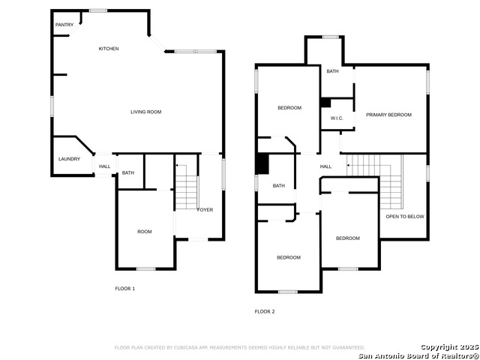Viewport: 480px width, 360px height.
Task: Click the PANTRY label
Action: click(64, 25)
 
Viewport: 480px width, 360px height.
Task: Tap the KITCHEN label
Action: click(109, 49)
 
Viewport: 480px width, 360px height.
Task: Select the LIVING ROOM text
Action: click(146, 112)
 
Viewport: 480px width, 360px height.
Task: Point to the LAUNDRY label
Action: click(69, 159)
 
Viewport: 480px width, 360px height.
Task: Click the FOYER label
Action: click(205, 209)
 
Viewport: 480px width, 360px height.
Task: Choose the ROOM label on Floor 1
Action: click(145, 232)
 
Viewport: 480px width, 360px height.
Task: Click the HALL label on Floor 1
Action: click(104, 166)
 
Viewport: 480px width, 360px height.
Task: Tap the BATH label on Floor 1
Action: click(128, 173)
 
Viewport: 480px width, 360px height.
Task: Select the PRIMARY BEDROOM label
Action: click(388, 115)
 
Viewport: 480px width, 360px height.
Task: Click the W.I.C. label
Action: click(337, 118)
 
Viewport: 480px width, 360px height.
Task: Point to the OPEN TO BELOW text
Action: click(405, 216)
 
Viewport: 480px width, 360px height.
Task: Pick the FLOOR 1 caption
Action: click(124, 289)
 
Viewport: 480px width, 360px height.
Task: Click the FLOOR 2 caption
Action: click(265, 311)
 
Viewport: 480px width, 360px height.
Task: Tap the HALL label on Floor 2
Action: click(325, 166)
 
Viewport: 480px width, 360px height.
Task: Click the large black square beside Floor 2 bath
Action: click(262, 163)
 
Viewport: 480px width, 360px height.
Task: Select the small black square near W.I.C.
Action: click(325, 103)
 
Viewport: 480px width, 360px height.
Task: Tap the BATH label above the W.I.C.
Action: click(332, 71)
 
